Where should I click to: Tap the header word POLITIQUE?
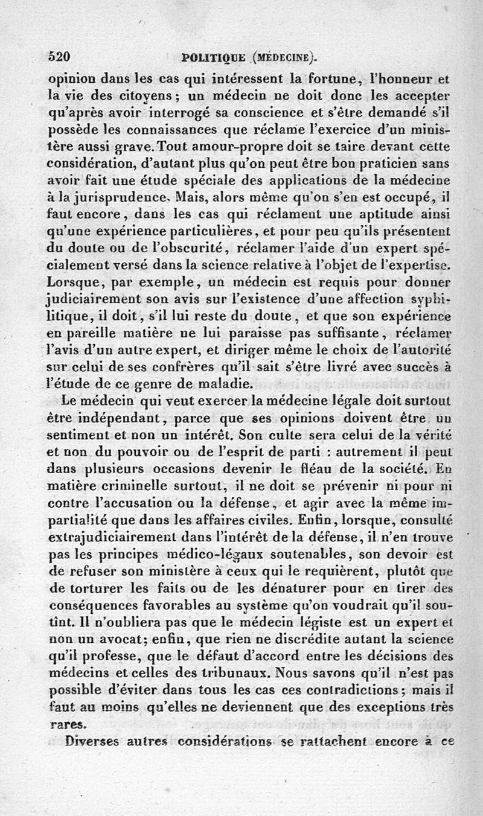tap(213, 58)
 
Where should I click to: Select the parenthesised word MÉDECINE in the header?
tap(283, 58)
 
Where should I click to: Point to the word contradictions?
tap(349, 689)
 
